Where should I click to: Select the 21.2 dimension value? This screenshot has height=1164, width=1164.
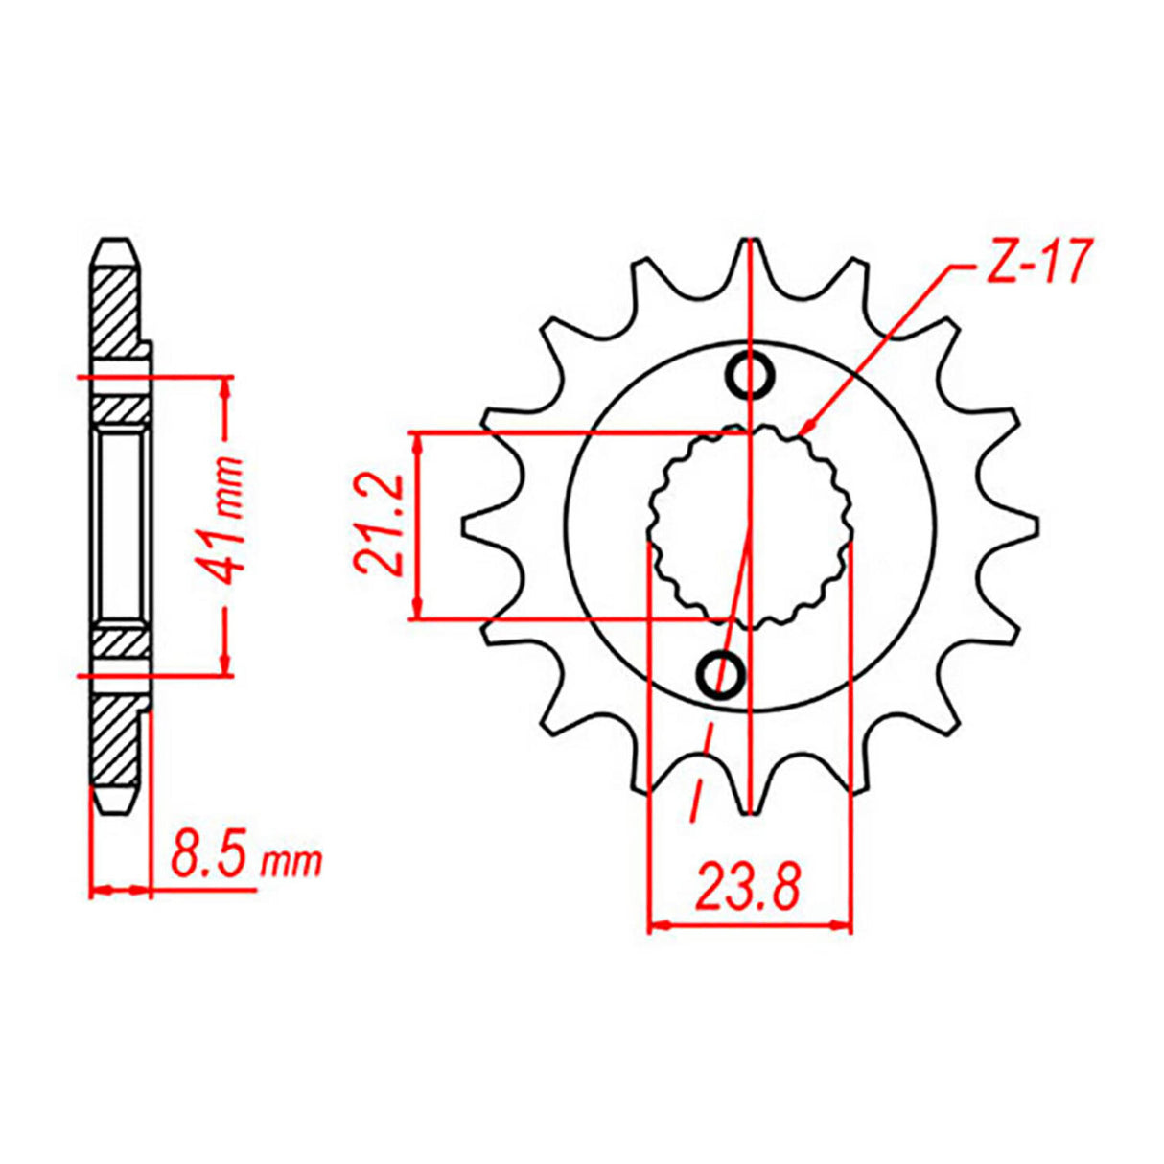coord(381,526)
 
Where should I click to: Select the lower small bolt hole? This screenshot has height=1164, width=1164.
coord(721,676)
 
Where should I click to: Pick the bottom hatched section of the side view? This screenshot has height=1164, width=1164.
coord(115,738)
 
